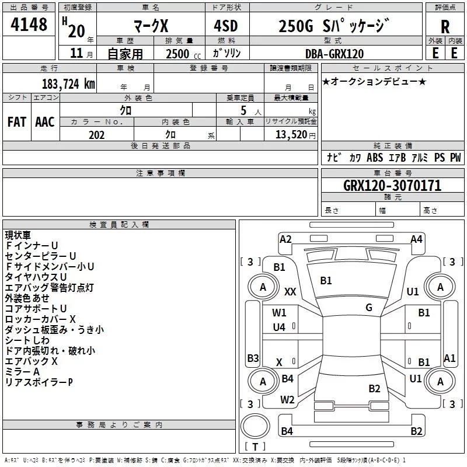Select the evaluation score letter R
coord(445,27)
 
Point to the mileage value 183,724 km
coord(68,83)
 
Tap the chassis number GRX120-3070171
coord(392,186)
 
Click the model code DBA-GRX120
coord(334,54)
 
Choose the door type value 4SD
coord(226,26)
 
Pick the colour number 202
coord(96,135)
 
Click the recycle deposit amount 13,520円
coord(291,135)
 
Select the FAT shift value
coord(16,121)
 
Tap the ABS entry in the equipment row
coord(375,158)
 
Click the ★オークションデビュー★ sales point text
coord(374,81)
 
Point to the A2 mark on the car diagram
coord(285,239)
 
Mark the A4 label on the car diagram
coord(416,239)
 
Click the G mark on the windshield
coord(369,308)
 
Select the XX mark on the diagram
coord(290,291)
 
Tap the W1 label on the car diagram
coord(280,313)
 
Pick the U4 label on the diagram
coord(280,327)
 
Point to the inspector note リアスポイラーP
coord(39,382)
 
